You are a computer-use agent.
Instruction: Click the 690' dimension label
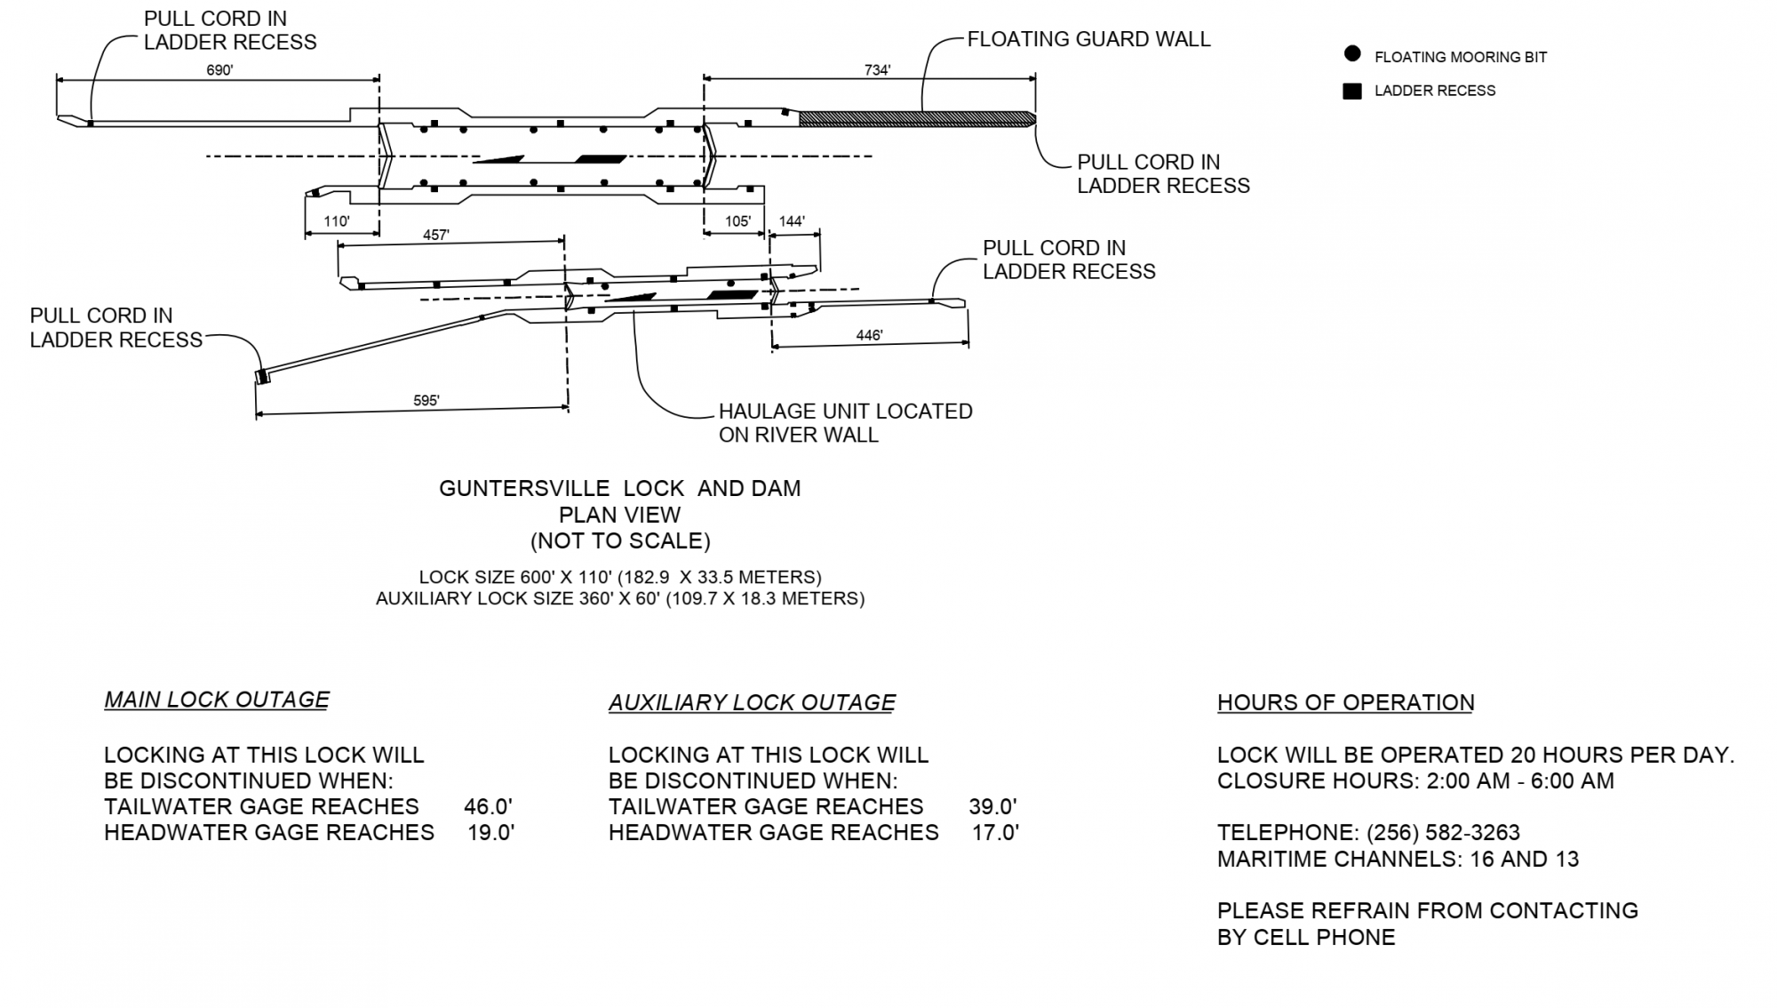(x=219, y=70)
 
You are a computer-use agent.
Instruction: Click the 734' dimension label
(x=877, y=70)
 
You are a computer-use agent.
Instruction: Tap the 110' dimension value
(x=337, y=221)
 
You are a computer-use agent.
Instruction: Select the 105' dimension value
(x=737, y=221)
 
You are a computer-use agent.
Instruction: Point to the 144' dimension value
(x=792, y=221)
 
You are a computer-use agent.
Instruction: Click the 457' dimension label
(x=435, y=236)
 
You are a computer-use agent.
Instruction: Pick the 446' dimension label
(x=869, y=335)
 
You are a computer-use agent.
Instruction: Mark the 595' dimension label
(x=426, y=401)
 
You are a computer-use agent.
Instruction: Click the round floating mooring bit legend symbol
(x=1352, y=54)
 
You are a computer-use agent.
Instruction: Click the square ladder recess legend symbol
(x=1352, y=91)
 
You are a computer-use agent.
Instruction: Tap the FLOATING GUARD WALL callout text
(x=1088, y=39)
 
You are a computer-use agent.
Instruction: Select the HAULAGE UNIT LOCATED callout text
(x=845, y=412)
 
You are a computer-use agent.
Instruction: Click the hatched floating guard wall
(x=915, y=118)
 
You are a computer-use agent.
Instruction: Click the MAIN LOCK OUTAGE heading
(x=217, y=700)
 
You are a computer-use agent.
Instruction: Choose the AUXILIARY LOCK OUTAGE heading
(x=752, y=703)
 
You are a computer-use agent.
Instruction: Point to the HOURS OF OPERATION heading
(x=1345, y=703)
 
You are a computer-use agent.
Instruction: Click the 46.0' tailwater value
(x=488, y=807)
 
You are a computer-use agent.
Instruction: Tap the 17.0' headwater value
(x=995, y=833)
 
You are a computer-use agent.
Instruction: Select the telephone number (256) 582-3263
(x=1443, y=833)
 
